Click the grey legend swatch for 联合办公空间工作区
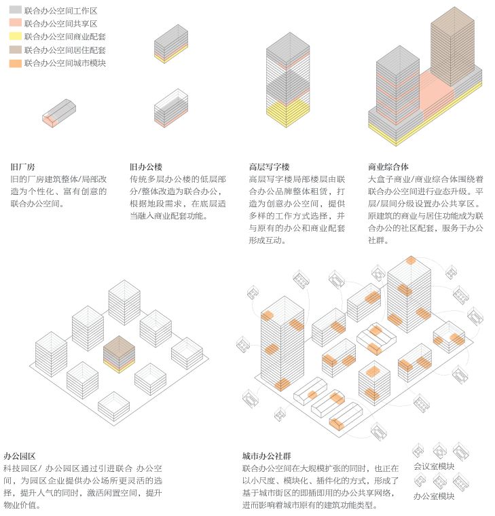click(x=16, y=10)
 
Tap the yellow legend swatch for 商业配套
click(x=16, y=36)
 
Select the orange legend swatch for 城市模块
click(x=16, y=63)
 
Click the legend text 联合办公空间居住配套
click(x=65, y=50)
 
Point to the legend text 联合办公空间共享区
click(x=61, y=24)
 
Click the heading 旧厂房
click(x=22, y=167)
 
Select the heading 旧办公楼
click(x=146, y=167)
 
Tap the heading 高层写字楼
click(x=269, y=167)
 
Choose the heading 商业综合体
click(x=388, y=167)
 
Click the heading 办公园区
click(x=20, y=456)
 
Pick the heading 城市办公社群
click(x=267, y=456)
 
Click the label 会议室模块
click(x=434, y=466)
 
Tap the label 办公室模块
click(x=434, y=496)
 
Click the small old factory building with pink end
click(x=59, y=113)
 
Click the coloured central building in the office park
click(x=119, y=354)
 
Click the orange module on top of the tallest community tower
click(x=411, y=260)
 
